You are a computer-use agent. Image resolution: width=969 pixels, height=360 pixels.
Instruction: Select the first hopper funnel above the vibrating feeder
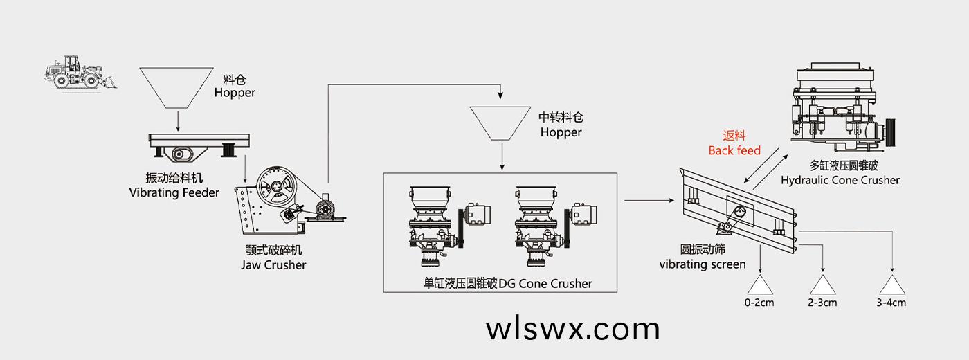point(177,86)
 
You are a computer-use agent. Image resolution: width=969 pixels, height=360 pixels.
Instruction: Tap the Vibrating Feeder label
point(174,186)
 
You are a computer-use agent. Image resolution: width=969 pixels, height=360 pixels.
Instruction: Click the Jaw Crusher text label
point(273,258)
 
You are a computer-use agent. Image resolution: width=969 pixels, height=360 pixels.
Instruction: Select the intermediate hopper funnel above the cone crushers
point(500,122)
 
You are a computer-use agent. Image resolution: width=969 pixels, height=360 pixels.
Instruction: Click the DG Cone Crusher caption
point(508,283)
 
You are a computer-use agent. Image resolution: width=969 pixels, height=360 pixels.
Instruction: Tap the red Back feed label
point(734,143)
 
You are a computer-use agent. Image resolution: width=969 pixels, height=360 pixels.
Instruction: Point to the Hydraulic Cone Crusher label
point(840,173)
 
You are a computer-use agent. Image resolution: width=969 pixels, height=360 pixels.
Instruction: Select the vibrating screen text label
point(702,257)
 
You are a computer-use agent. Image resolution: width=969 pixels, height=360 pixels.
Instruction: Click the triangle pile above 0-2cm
point(760,285)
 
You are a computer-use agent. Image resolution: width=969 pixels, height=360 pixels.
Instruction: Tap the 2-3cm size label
point(822,303)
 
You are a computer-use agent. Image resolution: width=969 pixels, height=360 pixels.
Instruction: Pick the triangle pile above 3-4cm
point(892,285)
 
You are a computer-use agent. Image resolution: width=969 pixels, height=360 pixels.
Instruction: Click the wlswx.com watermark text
point(573,329)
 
